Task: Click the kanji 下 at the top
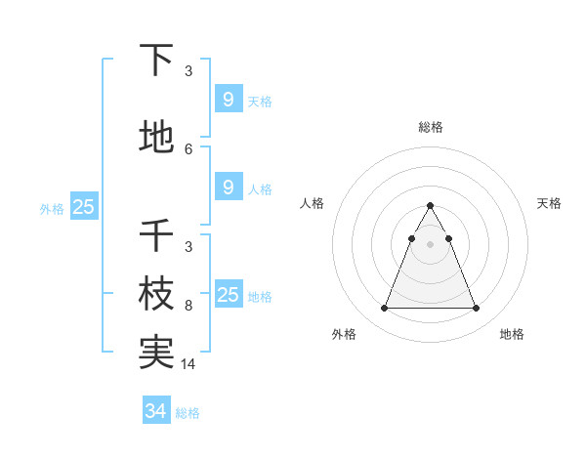click(156, 61)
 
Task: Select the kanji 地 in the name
click(156, 138)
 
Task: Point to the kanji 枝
click(156, 295)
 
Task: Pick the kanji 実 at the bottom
click(156, 353)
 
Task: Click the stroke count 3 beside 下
click(188, 71)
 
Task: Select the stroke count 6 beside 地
click(188, 148)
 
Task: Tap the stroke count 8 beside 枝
click(188, 306)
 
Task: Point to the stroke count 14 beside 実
click(189, 363)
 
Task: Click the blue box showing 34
click(156, 411)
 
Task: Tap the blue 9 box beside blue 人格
click(228, 188)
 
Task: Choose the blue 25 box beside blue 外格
click(83, 206)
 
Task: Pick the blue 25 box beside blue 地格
click(228, 295)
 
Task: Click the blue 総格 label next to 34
click(188, 413)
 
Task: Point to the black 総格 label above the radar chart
click(430, 127)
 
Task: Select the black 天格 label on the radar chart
click(549, 203)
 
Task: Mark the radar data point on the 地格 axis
click(476, 309)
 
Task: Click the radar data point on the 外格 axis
click(384, 309)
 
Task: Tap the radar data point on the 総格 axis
click(430, 206)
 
